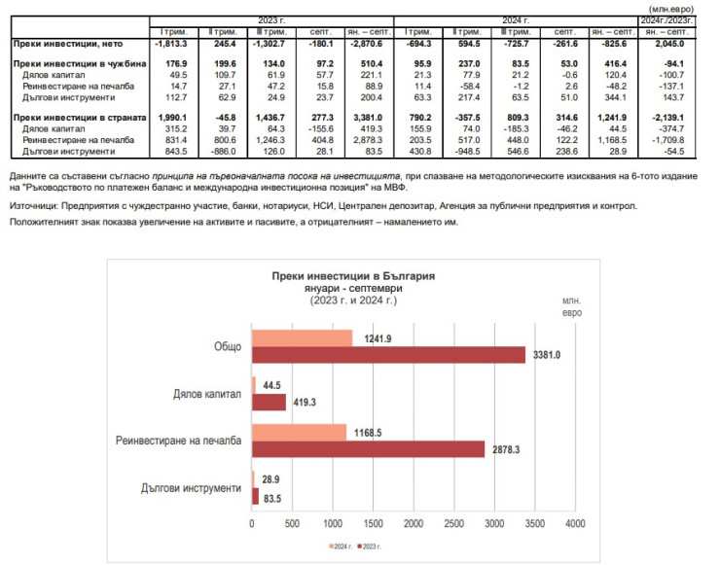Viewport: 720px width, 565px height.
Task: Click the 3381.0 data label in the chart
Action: (x=546, y=356)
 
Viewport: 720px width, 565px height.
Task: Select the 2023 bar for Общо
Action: (x=388, y=354)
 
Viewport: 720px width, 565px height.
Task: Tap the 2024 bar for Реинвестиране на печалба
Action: (x=299, y=431)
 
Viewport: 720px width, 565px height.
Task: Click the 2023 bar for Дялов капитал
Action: (x=270, y=402)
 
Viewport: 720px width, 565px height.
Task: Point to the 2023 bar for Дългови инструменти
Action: (x=256, y=496)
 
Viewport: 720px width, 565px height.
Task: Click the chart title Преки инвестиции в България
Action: (x=354, y=276)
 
